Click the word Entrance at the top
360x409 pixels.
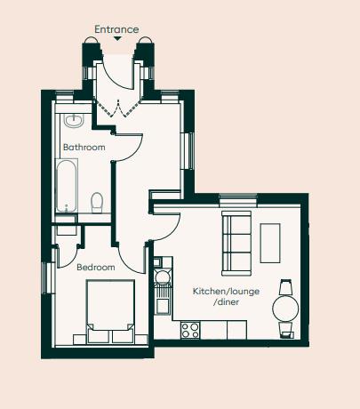click(x=116, y=29)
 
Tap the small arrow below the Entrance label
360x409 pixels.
click(x=116, y=40)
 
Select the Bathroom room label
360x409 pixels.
click(x=84, y=147)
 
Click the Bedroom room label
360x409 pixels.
click(x=95, y=267)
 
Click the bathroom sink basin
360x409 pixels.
click(x=74, y=119)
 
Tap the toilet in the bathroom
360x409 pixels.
click(x=99, y=202)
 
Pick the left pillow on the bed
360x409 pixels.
click(x=98, y=335)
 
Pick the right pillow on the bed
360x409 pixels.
click(x=123, y=335)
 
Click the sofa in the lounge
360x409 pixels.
click(x=236, y=243)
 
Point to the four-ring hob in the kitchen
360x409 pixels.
click(x=189, y=329)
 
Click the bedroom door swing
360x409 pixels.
click(x=133, y=256)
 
